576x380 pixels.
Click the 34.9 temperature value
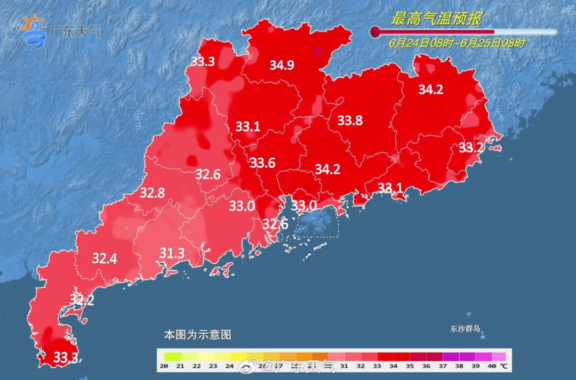tap(282, 66)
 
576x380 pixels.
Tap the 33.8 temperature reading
tap(350, 121)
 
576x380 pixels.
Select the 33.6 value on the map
tap(262, 163)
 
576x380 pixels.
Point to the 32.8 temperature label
tap(152, 193)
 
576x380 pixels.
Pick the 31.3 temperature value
tap(172, 253)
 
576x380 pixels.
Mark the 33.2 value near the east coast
tap(471, 148)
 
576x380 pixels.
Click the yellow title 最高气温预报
tap(436, 20)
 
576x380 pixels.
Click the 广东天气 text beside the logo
tap(75, 30)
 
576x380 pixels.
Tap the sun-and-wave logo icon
tap(34, 30)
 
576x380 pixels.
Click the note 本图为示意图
tap(197, 335)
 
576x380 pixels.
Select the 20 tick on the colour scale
tap(164, 366)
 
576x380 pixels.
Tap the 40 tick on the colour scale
tap(491, 366)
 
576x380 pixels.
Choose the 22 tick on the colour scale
tap(197, 366)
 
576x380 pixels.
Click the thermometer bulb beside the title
tap(375, 32)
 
